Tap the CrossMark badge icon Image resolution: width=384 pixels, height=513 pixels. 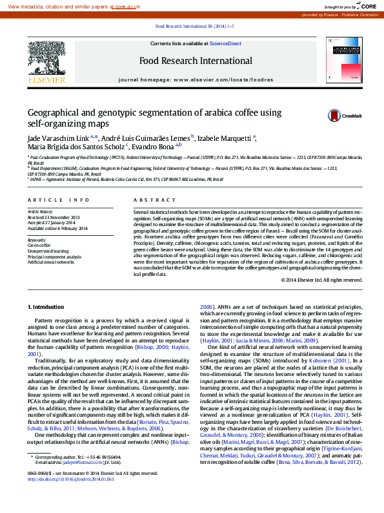(335, 115)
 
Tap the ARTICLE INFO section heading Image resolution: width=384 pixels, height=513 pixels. (59, 201)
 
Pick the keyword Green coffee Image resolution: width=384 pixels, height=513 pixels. (39, 246)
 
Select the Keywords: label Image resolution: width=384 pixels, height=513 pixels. (37, 241)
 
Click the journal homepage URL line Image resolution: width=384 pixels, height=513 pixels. (195, 79)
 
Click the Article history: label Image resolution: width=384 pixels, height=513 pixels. (41, 212)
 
